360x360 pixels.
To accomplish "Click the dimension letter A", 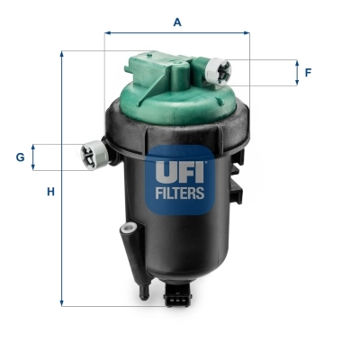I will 177,22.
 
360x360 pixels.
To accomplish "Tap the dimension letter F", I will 308,72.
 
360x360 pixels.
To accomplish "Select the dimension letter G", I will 20,157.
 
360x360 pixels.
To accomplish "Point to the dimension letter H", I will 51,192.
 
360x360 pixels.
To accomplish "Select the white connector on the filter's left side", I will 93,155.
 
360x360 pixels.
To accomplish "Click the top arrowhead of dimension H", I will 62,54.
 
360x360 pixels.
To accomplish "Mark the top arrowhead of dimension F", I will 296,63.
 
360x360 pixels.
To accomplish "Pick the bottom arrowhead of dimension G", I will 34,167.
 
